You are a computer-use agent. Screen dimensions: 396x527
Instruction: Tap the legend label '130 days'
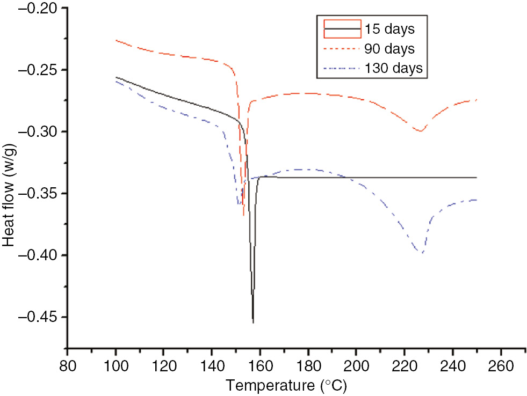[393, 69]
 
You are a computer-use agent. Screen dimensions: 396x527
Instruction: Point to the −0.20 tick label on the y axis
[39, 9]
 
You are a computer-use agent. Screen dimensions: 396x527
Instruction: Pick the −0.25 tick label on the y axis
[39, 70]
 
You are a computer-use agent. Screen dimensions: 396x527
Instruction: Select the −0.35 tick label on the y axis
[39, 194]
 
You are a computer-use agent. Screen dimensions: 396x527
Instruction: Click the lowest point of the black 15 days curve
[253, 322]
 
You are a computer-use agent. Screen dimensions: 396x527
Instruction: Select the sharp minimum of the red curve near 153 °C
[243, 215]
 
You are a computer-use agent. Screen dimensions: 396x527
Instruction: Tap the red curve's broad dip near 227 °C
[420, 131]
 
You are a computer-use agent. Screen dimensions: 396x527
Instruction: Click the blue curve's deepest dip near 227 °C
[422, 253]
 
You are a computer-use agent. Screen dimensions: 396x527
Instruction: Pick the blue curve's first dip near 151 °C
[238, 204]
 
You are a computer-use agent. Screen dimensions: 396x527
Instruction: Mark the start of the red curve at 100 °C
[116, 40]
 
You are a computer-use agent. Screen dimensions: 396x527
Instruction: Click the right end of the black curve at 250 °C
[477, 177]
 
